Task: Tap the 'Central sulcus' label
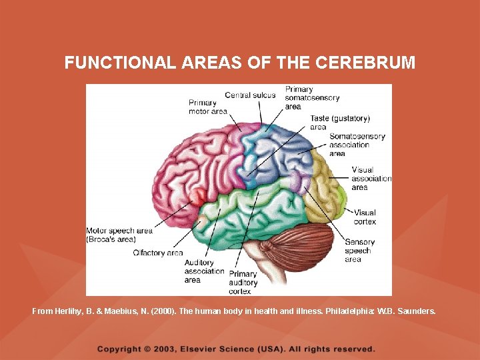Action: (250, 95)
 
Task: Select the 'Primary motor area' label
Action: (207, 107)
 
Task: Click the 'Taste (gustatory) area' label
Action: (339, 123)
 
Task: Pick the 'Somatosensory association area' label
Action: (357, 145)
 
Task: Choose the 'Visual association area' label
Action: (371, 179)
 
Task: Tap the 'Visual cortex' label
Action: (365, 217)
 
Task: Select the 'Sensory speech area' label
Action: (359, 251)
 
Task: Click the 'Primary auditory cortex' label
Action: (243, 282)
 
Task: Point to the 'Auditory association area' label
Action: (204, 271)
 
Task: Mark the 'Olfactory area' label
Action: (157, 253)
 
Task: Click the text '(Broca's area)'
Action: (111, 239)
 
